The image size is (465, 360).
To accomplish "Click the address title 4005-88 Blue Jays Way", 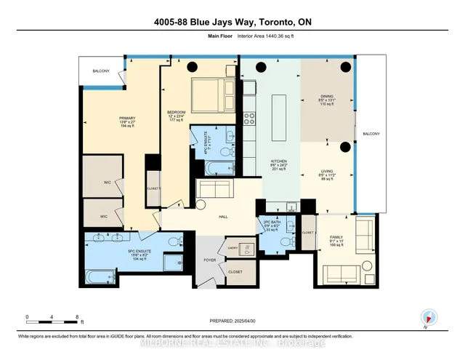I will click(232, 23).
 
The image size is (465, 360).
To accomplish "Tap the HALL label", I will click(225, 215).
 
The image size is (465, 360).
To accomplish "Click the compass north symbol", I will click(427, 317).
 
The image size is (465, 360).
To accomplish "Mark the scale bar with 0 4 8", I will click(52, 319).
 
